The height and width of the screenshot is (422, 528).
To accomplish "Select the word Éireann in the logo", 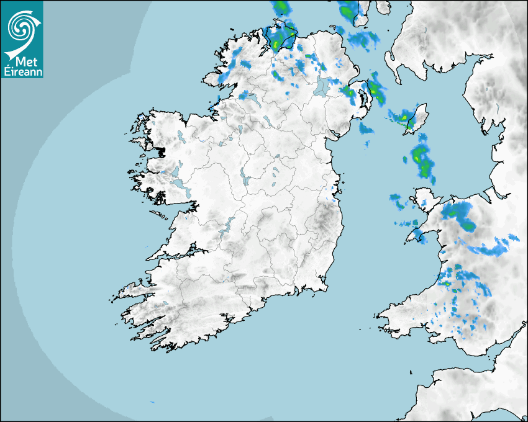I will point(21,71).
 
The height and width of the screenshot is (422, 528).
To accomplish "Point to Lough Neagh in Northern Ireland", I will point(322,86).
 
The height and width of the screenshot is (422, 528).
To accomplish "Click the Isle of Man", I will point(412,119).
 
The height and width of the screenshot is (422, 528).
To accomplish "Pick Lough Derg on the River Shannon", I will point(227,225).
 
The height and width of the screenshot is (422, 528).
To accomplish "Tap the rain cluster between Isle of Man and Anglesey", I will point(422,160).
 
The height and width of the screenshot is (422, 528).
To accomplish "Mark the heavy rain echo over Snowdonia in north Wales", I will point(458,213).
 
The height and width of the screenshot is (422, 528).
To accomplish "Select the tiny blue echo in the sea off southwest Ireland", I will point(152,402).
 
